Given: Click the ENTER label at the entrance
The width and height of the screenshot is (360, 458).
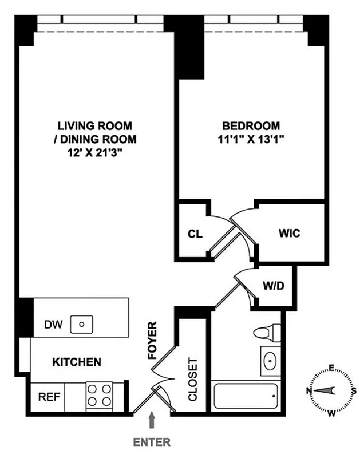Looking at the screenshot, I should pyautogui.click(x=152, y=442).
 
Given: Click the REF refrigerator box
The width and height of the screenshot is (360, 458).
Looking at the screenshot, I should pyautogui.click(x=46, y=396).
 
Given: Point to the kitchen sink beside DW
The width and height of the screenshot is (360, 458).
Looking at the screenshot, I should pyautogui.click(x=82, y=325).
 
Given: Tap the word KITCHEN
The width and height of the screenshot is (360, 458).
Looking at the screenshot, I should pyautogui.click(x=77, y=362).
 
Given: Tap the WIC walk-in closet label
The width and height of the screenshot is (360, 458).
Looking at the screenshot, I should pyautogui.click(x=290, y=234).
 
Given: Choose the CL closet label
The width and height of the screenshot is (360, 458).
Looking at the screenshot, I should pyautogui.click(x=193, y=234).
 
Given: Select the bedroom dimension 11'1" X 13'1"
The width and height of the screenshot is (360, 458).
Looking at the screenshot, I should pyautogui.click(x=251, y=139).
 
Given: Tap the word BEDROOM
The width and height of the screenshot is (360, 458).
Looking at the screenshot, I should pyautogui.click(x=251, y=126).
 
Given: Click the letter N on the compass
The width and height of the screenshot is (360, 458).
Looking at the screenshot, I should pyautogui.click(x=310, y=390).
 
